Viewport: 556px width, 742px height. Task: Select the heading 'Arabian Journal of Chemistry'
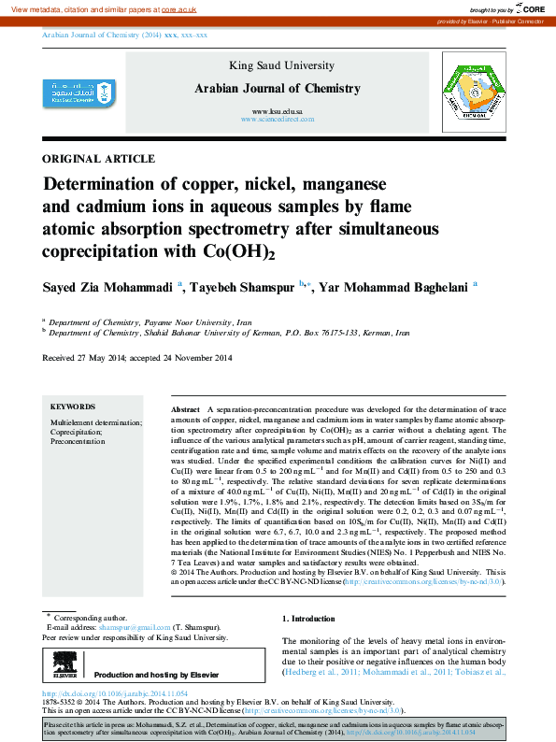tap(277, 89)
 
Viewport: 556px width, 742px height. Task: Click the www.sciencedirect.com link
tap(277, 121)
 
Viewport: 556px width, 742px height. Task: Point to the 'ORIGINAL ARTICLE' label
tap(99, 159)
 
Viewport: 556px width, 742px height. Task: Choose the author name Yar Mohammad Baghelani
tap(394, 287)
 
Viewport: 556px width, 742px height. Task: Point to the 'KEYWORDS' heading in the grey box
tap(73, 407)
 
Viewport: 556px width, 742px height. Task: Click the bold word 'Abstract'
tap(186, 410)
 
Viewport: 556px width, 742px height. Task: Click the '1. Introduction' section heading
tap(308, 619)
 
